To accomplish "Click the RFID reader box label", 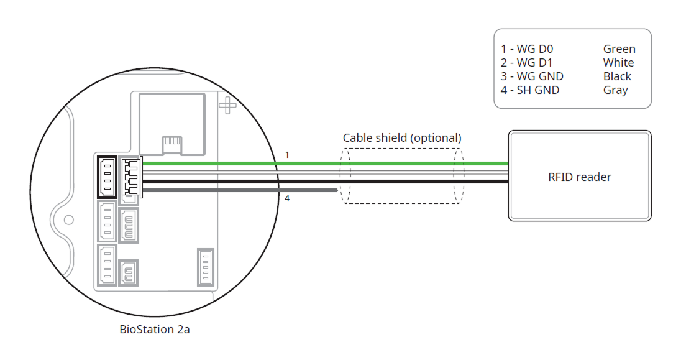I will point(579,177).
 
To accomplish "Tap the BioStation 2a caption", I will point(154,330).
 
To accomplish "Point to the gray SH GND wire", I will point(249,190).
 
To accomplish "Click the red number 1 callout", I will point(287,154).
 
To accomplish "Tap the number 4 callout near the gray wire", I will point(287,199).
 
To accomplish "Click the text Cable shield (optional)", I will point(402,137).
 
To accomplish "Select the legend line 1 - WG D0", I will point(528,49).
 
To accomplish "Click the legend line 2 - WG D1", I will point(527,63).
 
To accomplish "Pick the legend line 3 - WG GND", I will point(532,76).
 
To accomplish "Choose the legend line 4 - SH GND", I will point(530,90).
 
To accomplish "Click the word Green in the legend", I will point(619,49).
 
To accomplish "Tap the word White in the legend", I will point(618,63).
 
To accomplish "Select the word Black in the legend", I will point(617,76).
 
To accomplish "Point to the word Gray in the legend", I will point(615,90).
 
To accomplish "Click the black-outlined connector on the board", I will point(107,177).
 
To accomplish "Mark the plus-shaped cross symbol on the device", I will point(227,105).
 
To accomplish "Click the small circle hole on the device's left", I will point(69,219).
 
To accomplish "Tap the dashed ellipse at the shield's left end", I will point(344,175).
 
